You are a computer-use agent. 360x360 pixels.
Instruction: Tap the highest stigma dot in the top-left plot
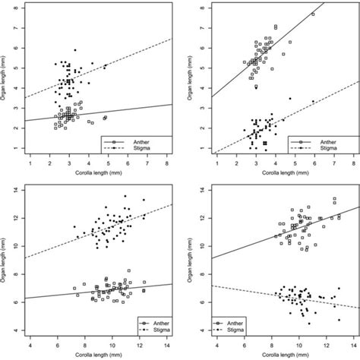coord(74,50)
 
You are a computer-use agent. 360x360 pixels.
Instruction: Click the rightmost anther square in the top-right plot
coord(313,14)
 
